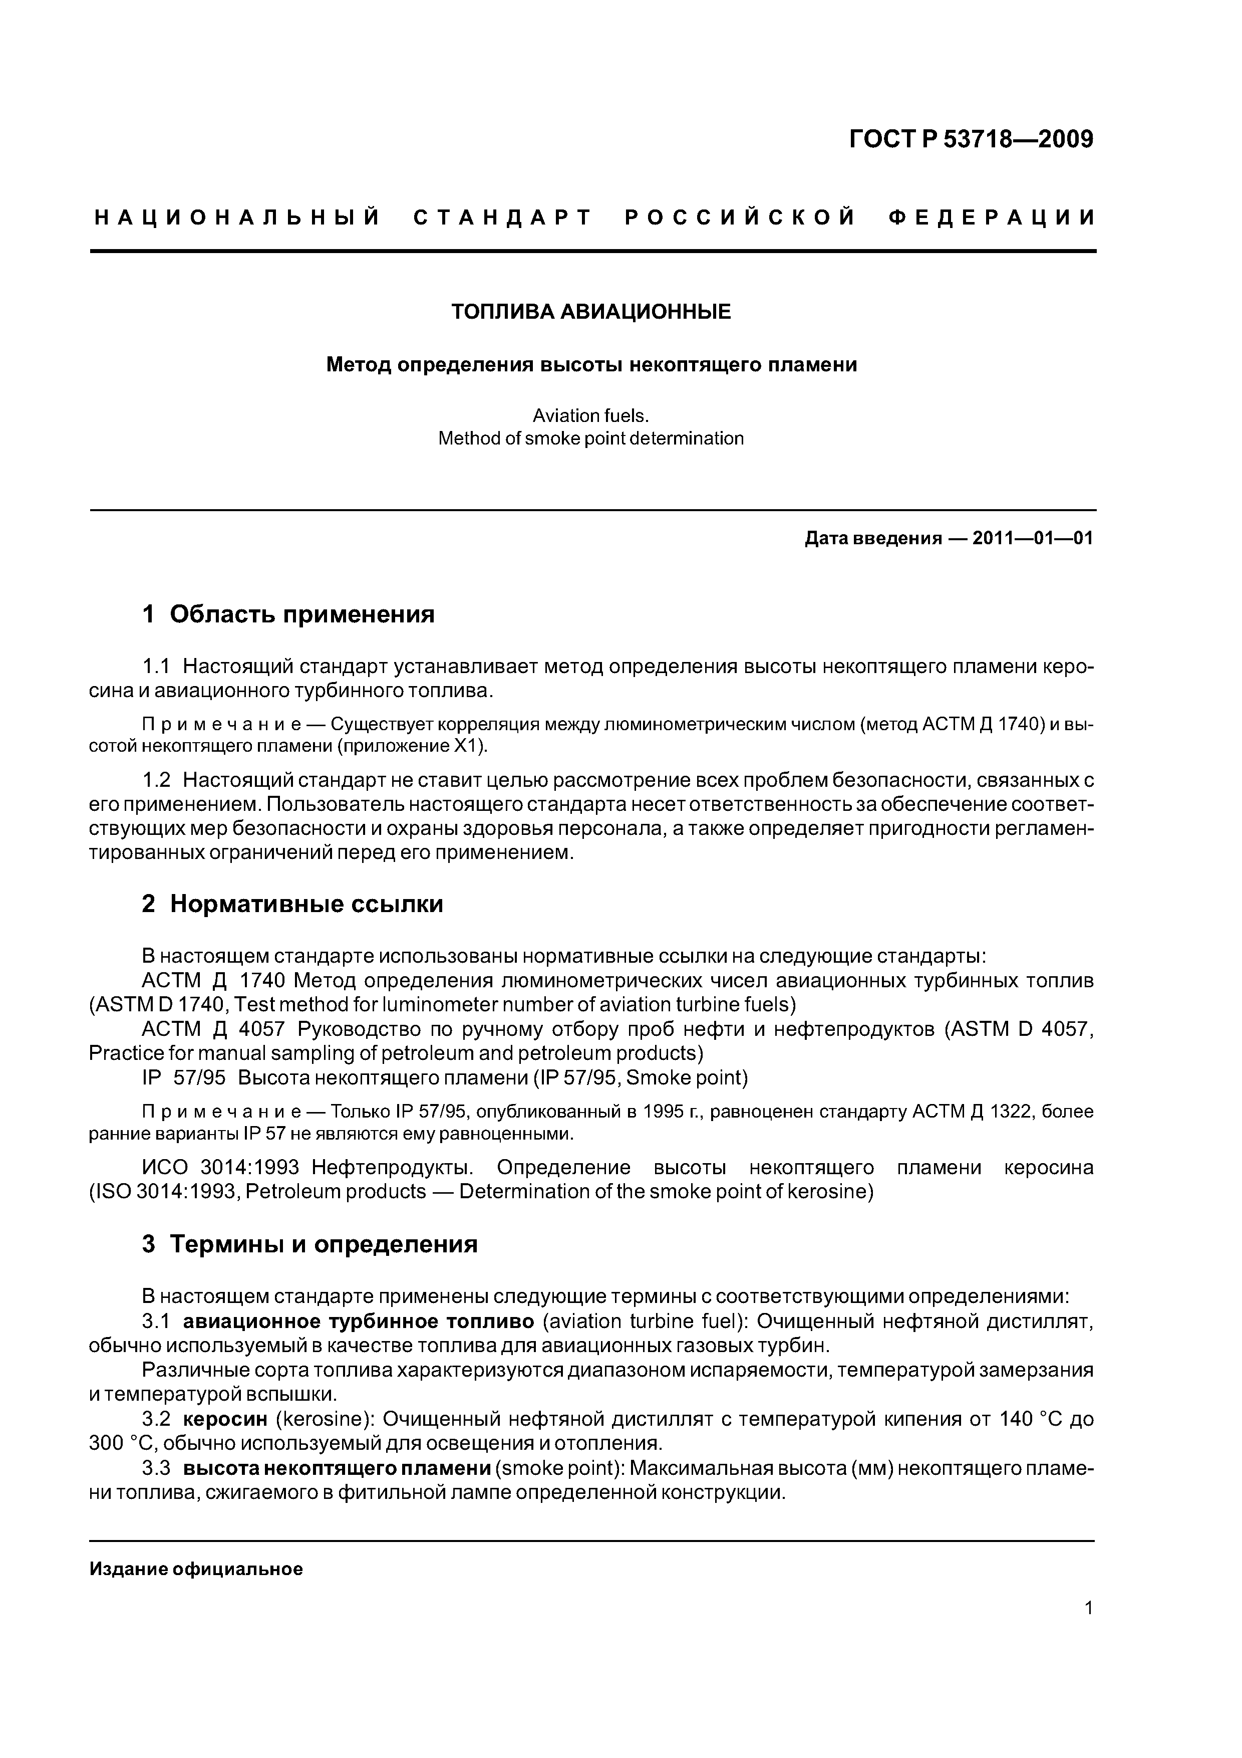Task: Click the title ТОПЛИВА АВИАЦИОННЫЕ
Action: (x=591, y=312)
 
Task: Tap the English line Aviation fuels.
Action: (x=591, y=416)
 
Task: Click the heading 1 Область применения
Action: (x=288, y=614)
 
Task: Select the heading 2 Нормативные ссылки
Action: (x=292, y=904)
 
